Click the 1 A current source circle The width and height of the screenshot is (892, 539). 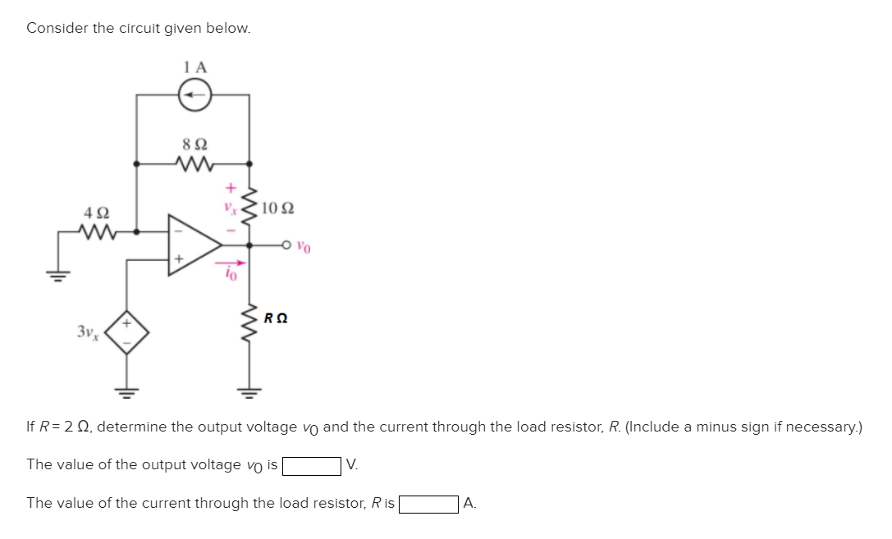(x=195, y=95)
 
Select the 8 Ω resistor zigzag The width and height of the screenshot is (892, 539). (x=195, y=163)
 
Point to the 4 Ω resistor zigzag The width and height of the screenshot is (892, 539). (x=97, y=232)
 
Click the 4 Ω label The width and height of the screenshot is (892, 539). (x=96, y=212)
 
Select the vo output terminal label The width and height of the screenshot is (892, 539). (x=304, y=244)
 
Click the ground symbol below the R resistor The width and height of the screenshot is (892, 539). (x=249, y=391)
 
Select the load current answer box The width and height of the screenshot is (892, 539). (x=428, y=504)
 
